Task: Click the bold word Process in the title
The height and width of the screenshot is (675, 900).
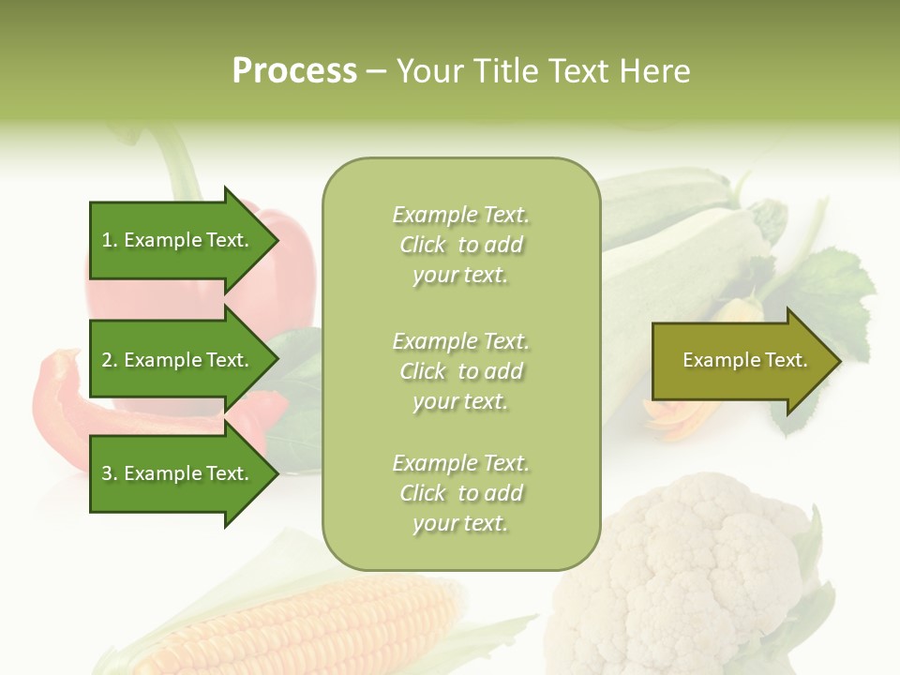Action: click(x=294, y=70)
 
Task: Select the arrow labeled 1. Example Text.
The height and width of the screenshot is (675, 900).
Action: click(x=178, y=240)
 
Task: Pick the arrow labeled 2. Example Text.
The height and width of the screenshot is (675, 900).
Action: click(x=178, y=360)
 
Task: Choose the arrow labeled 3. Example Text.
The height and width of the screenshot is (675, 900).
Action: click(x=178, y=473)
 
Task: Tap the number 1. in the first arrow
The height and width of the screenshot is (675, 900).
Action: click(x=110, y=240)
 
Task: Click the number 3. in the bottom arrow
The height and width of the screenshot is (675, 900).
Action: click(x=110, y=473)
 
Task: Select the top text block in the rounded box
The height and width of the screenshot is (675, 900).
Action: click(x=460, y=245)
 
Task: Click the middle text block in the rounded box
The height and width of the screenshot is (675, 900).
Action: click(x=460, y=370)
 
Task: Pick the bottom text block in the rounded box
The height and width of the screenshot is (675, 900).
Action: click(x=460, y=492)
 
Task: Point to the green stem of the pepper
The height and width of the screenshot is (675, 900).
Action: click(x=178, y=164)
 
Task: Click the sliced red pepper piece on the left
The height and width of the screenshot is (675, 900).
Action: click(x=66, y=394)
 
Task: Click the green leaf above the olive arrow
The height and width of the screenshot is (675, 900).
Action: click(x=834, y=291)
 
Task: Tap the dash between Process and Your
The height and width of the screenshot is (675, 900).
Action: click(x=376, y=71)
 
